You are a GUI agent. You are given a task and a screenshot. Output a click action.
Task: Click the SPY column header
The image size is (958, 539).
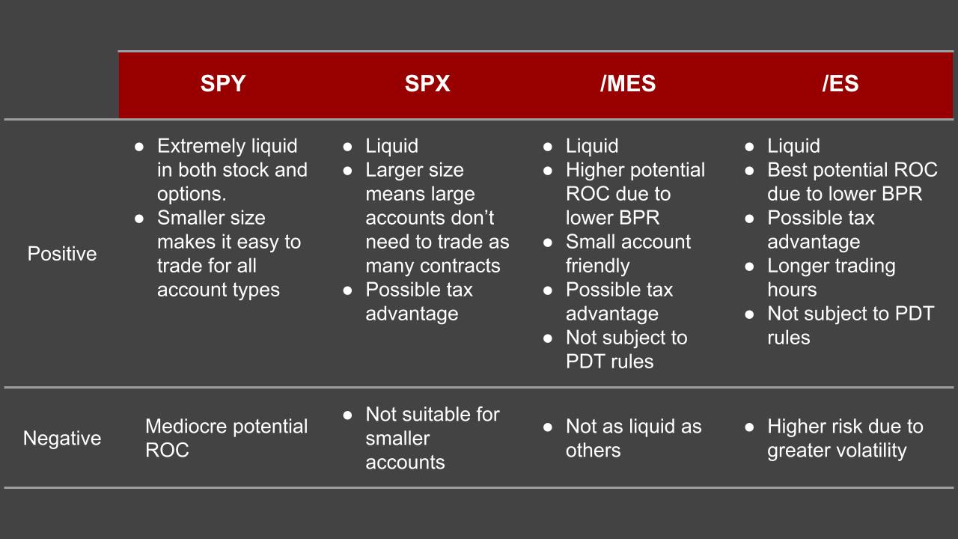[x=222, y=84]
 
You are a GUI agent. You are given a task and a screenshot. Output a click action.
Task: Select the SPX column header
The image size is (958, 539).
[x=427, y=84]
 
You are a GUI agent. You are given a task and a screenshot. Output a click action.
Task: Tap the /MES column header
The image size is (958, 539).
[x=627, y=84]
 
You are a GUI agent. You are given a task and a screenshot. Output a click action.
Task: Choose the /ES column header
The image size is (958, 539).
[x=840, y=84]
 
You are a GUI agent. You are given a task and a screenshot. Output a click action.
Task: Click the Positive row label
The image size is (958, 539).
[x=62, y=254]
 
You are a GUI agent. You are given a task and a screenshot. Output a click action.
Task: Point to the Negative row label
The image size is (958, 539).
[x=62, y=438]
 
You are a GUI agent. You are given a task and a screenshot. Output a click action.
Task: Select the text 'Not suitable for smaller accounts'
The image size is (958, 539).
[x=431, y=438]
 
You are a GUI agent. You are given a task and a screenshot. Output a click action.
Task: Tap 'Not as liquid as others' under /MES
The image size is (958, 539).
[x=632, y=438]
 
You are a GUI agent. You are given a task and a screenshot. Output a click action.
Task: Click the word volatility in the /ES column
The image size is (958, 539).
[x=868, y=451]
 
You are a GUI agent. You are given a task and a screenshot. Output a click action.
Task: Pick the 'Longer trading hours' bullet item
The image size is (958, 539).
[x=831, y=278]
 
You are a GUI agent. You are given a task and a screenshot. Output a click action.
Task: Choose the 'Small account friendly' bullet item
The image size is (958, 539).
[x=627, y=254]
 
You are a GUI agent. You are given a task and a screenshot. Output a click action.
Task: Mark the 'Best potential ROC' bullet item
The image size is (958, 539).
[x=851, y=182]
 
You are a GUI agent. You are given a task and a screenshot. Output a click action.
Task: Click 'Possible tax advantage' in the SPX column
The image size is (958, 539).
[x=418, y=302]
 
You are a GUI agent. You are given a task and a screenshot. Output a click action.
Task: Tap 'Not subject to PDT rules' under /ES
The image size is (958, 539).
[x=850, y=326]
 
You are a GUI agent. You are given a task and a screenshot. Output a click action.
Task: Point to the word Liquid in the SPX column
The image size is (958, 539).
[x=391, y=146]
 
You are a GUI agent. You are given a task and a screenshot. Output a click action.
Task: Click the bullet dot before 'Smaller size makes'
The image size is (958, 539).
[x=139, y=219]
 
